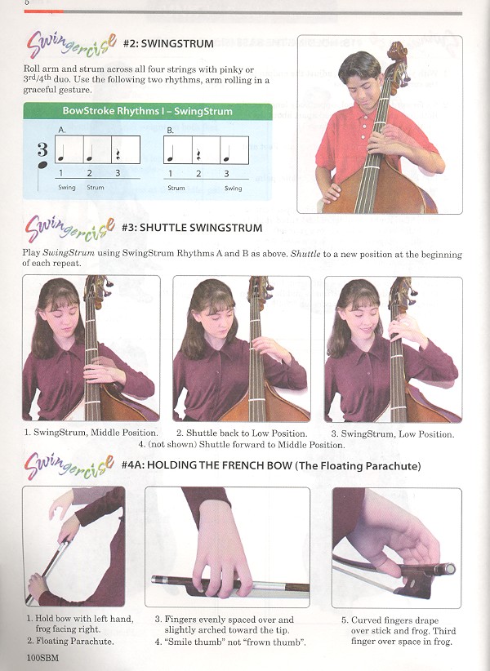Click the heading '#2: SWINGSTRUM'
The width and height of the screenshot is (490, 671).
[x=168, y=43]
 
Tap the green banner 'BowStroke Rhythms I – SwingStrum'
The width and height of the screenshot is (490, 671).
[x=147, y=111]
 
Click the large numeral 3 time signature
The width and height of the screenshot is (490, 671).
[x=42, y=149]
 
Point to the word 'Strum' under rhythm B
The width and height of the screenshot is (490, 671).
[x=176, y=188]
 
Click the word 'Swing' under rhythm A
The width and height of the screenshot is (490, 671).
[x=67, y=188]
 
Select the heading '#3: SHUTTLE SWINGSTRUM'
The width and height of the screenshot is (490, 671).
[x=192, y=228]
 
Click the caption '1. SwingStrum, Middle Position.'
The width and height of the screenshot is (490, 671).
[x=91, y=432]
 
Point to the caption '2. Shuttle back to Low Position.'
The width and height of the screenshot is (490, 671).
[x=242, y=433]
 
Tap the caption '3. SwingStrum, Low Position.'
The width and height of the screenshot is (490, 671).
[x=393, y=434]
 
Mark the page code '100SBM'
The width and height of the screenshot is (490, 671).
[x=42, y=658]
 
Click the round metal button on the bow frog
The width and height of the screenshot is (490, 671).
[x=449, y=569]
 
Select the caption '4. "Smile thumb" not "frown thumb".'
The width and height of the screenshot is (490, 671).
[x=230, y=642]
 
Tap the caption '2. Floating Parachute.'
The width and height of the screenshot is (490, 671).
[x=70, y=641]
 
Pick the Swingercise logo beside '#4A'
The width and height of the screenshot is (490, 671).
[x=69, y=466]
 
